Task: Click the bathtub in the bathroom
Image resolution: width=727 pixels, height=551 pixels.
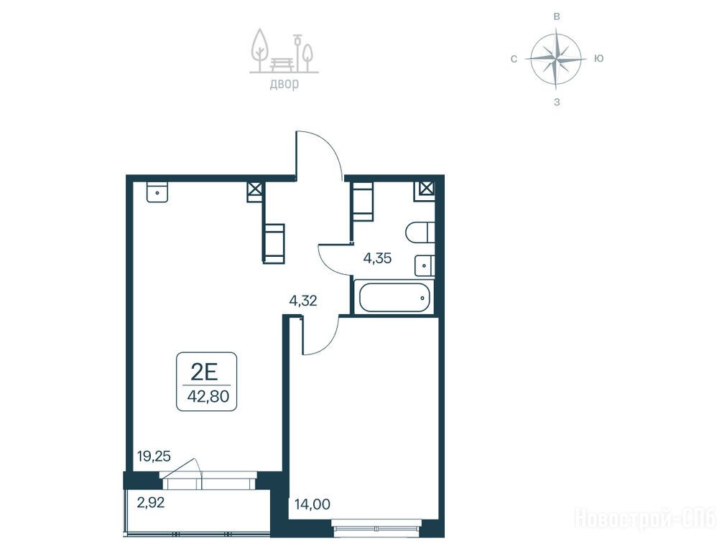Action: point(394,297)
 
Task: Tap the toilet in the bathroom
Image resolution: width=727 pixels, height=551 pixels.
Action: point(420,233)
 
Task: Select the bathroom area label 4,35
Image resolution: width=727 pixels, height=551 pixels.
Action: point(377,258)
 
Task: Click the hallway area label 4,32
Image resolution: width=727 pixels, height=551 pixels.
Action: point(302,301)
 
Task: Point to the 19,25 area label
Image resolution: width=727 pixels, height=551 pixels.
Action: point(154,456)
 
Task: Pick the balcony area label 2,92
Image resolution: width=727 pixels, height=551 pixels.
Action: point(151,502)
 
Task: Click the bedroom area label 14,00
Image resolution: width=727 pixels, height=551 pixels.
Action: point(312,504)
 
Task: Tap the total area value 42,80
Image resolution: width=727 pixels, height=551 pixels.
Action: point(208,397)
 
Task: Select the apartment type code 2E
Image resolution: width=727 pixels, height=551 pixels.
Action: point(205,372)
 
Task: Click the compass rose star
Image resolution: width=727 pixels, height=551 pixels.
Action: point(556,58)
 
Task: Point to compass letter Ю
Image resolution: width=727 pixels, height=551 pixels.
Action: point(599,58)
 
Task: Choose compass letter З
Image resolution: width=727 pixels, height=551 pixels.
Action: point(557,102)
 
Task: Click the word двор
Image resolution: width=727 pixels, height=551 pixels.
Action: point(284,84)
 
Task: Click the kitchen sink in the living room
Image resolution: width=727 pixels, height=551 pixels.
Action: point(157,192)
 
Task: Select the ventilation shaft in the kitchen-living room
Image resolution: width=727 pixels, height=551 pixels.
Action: point(254,190)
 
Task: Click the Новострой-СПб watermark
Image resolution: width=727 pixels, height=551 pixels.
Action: point(645,518)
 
